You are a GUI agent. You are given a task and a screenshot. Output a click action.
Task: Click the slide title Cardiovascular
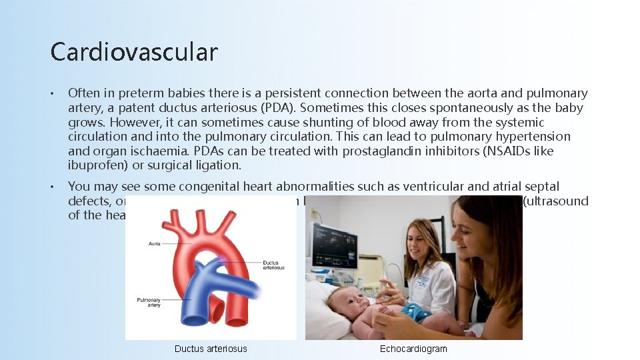(134, 52)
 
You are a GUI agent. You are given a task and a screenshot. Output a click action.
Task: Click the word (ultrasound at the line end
(555, 201)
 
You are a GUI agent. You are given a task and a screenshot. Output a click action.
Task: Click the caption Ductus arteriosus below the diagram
(211, 349)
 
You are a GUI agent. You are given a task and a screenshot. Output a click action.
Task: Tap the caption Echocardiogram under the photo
(413, 349)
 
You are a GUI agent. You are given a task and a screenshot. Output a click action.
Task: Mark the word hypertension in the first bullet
(534, 137)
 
